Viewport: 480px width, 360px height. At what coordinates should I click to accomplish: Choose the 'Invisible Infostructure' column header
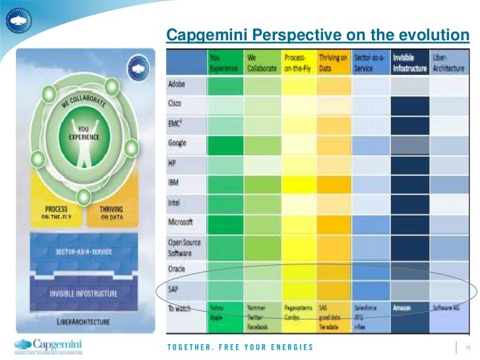point(409,63)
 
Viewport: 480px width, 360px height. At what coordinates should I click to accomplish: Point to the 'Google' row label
point(178,143)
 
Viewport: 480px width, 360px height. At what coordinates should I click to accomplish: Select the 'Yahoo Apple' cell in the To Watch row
point(218,312)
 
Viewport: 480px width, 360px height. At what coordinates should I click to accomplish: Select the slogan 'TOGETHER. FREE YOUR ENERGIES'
point(240,347)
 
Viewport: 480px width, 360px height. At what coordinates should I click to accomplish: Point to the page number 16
point(467,347)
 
